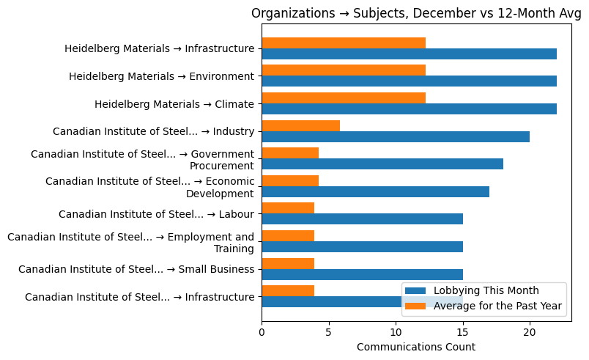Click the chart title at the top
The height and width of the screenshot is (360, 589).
[416, 13]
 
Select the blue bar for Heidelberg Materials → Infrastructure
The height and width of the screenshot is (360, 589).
[409, 54]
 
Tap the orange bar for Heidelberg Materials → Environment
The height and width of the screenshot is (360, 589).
[343, 70]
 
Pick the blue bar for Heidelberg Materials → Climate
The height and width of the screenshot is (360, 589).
[409, 109]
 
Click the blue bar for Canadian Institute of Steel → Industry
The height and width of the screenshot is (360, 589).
[396, 136]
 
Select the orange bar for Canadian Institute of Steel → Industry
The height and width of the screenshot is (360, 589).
[300, 125]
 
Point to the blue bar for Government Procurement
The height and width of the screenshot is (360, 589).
[382, 164]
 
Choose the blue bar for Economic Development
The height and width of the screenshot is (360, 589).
[375, 191]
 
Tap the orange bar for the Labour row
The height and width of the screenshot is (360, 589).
[288, 208]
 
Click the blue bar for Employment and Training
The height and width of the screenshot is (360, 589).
[362, 246]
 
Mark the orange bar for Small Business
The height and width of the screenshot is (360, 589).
[288, 263]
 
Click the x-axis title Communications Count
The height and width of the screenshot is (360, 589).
[416, 347]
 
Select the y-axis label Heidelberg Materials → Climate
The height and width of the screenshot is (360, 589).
[174, 104]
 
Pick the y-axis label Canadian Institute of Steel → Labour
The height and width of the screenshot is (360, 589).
[156, 214]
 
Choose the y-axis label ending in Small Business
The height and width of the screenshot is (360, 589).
[136, 269]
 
